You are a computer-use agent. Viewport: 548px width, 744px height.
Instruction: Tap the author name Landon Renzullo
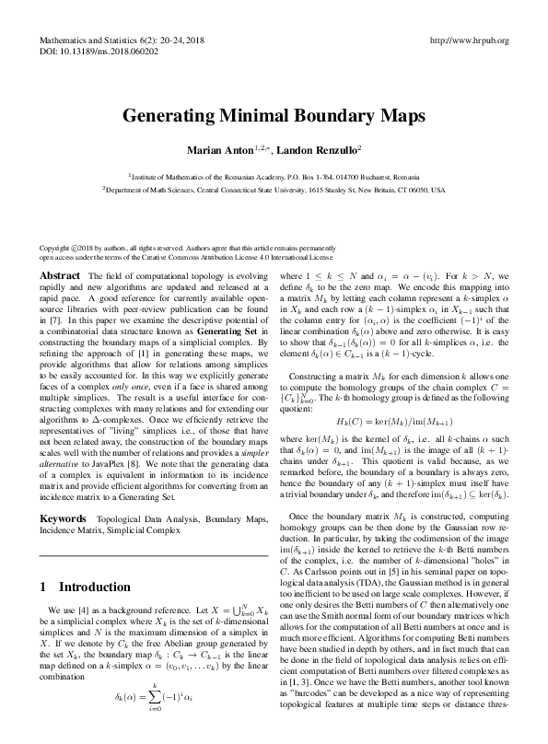pyautogui.click(x=319, y=149)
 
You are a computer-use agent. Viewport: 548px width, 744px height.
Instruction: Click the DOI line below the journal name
pyautogui.click(x=94, y=53)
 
